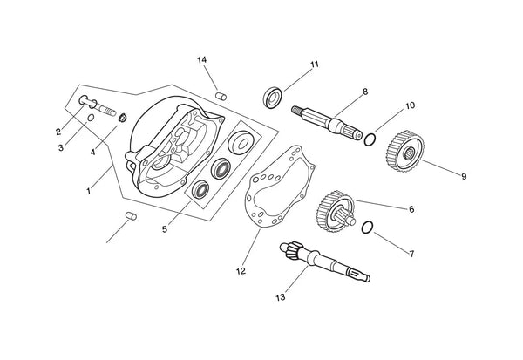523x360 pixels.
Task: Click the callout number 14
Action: click(201, 59)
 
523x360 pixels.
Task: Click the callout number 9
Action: click(463, 176)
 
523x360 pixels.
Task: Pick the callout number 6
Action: click(411, 209)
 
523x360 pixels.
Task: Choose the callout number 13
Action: click(280, 297)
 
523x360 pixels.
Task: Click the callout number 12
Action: click(240, 270)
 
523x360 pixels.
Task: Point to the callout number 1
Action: click(88, 189)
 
